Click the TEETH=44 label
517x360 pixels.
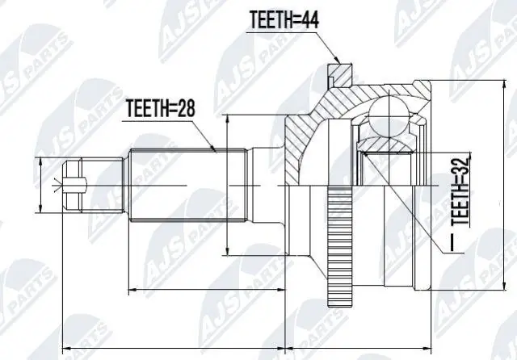tap(284, 19)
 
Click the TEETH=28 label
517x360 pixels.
tap(161, 108)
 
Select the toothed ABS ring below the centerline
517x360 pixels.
tap(340, 246)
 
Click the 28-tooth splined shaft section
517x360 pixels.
tap(188, 185)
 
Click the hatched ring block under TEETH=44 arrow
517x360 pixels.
tap(340, 75)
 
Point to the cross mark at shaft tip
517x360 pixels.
tap(58, 185)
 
